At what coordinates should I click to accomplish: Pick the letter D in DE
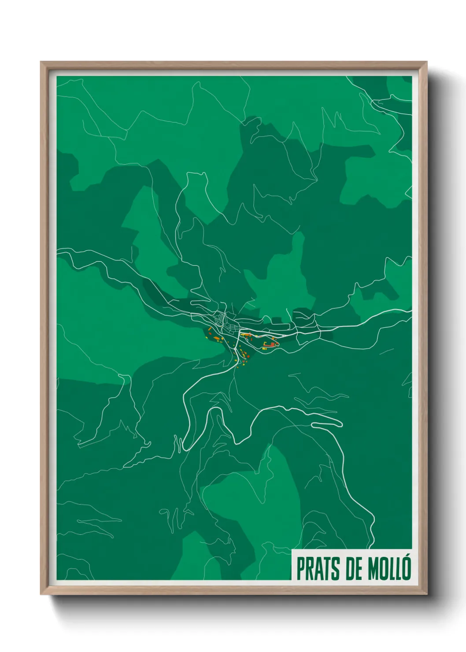coord(351,569)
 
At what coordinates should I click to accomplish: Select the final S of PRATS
coord(337,569)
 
